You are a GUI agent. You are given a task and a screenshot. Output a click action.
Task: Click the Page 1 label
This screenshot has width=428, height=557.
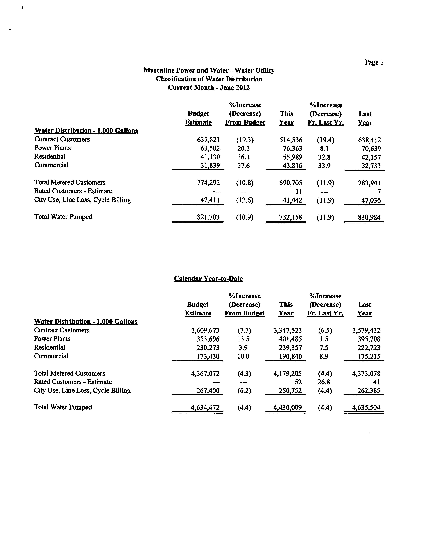pyautogui.click(x=374, y=62)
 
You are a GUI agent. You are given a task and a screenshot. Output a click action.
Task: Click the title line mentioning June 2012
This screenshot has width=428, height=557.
pyautogui.click(x=209, y=87)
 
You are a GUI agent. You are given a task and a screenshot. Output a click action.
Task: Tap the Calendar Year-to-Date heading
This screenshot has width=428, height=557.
pyautogui.click(x=208, y=278)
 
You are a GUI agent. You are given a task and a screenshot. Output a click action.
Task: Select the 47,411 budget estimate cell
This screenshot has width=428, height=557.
pyautogui.click(x=210, y=200)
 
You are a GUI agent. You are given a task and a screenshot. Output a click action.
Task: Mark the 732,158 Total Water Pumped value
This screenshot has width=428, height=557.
pyautogui.click(x=290, y=217)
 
